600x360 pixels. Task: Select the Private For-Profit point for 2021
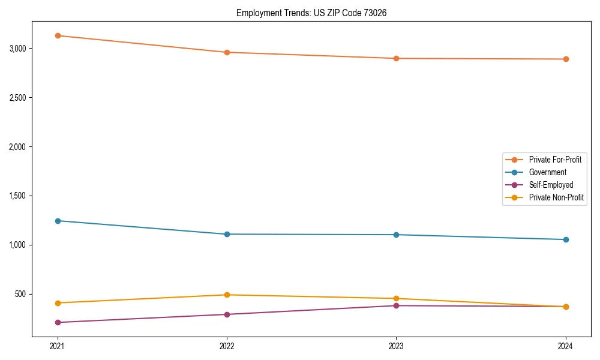58,35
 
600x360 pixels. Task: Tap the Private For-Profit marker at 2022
227,52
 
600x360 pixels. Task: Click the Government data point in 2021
58,221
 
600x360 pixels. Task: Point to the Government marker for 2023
396,235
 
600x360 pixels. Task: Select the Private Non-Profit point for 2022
227,295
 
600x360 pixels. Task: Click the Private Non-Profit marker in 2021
58,303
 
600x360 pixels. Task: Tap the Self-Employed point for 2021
58,322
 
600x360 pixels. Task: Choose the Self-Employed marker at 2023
396,305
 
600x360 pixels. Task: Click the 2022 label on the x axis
227,346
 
